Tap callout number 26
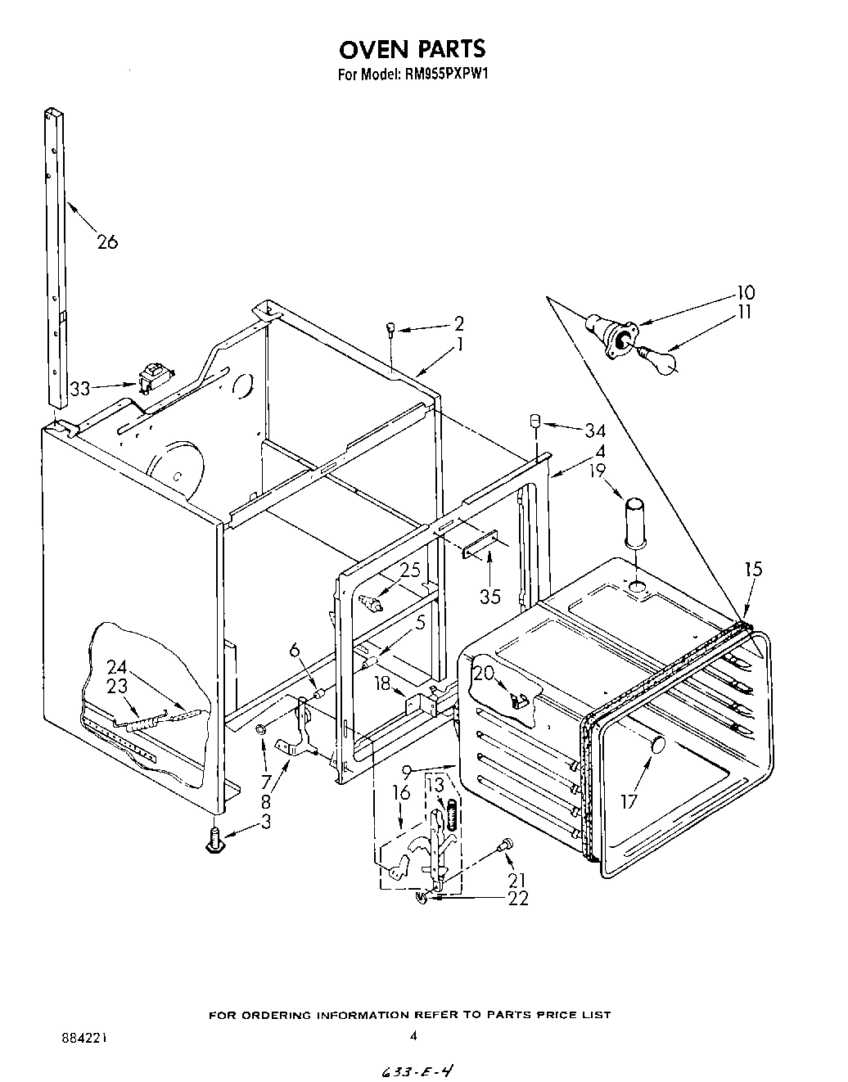tap(106, 241)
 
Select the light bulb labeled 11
tap(660, 358)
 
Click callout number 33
tap(80, 389)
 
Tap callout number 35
tap(489, 596)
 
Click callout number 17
tap(628, 801)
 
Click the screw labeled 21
tap(507, 842)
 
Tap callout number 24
tap(116, 667)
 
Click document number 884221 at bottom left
tap(84, 1038)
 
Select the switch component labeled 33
tap(152, 377)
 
